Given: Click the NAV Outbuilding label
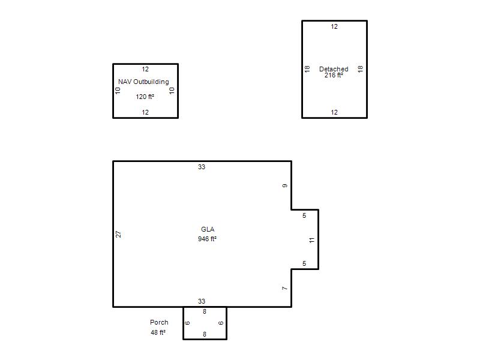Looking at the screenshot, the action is pos(143,82).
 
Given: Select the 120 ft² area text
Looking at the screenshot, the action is pos(145,97).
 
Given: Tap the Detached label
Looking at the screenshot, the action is pos(334,69).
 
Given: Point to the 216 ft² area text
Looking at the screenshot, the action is pos(334,75).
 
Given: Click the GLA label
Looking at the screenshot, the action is pos(208,229).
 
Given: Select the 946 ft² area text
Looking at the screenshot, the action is pos(207,239).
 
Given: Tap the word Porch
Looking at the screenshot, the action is pos(159,322).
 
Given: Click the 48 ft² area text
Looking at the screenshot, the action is pos(158,332).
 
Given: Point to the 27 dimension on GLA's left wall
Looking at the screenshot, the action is pos(118,234).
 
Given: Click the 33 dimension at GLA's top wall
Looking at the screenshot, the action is pos(202,167).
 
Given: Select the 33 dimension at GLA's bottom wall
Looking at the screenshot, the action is pos(202,301).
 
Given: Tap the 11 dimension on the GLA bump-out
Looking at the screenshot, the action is pos(311,241).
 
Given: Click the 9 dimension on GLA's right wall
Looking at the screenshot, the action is pos(284,186).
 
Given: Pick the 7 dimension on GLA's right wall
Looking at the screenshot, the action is pos(284,289).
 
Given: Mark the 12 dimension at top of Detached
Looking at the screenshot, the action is pos(334,26).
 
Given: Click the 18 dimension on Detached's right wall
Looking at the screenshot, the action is pos(361,69).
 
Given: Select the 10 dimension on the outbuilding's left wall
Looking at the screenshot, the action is pos(118,91).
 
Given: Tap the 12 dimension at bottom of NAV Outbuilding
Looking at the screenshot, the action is pos(145,112).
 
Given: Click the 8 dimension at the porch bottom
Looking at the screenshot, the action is pos(205,334).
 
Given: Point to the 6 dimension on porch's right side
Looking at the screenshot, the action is pos(221,323).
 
